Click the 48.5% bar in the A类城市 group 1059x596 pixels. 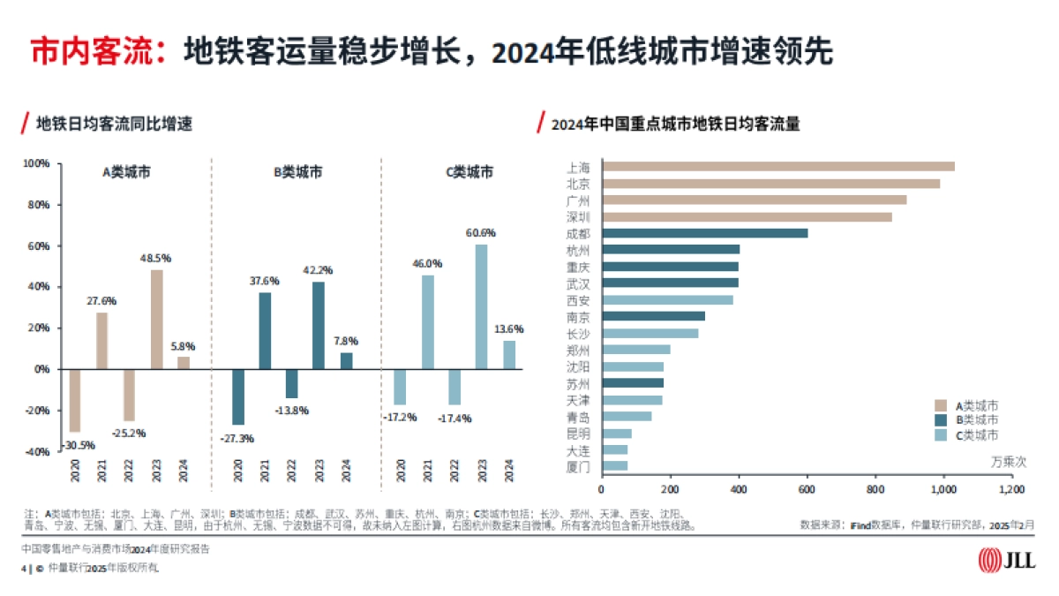157,319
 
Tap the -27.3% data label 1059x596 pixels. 238,437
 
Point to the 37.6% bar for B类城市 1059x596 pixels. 265,330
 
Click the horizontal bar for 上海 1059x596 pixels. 777,166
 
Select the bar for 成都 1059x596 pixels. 704,233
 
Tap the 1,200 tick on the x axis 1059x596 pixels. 1011,488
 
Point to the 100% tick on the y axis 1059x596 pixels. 36,164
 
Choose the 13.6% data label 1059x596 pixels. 508,328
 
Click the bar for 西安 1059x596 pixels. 666,300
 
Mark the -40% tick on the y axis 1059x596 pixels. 36,451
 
